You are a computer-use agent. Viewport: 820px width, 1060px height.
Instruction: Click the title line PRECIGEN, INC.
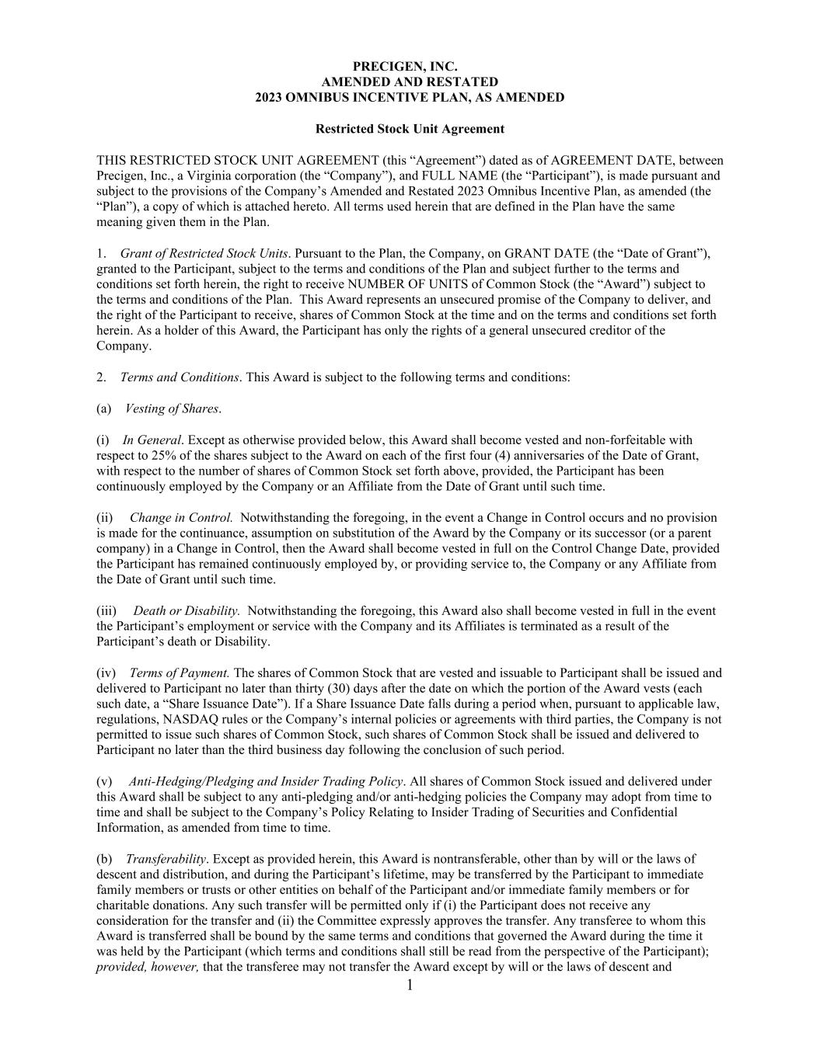[x=410, y=67]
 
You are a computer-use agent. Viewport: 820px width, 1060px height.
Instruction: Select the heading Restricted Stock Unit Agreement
[x=410, y=129]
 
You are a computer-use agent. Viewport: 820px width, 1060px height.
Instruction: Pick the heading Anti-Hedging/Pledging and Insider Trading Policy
[x=266, y=781]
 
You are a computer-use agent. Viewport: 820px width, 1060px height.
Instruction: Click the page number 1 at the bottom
[x=410, y=986]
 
